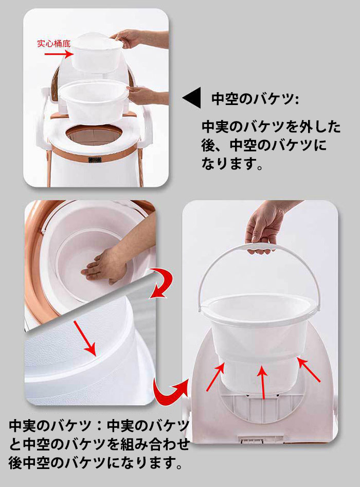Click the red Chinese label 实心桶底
click(53, 43)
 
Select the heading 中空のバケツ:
click(255, 99)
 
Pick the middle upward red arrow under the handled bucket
click(263, 381)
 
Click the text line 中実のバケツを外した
click(271, 127)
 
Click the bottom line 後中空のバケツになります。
click(96, 463)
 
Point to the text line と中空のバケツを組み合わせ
click(99, 444)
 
